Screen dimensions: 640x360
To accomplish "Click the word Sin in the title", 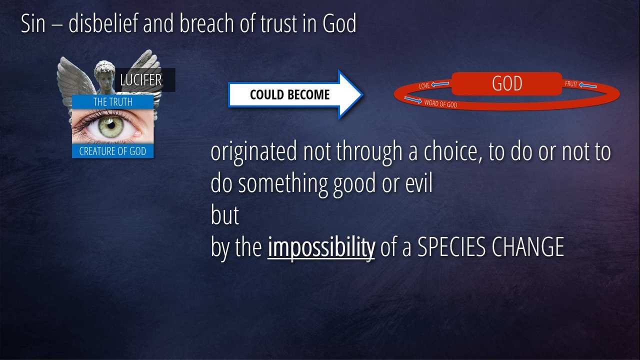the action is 33,23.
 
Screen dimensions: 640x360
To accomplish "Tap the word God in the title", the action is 339,23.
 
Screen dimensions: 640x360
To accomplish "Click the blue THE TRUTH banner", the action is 113,101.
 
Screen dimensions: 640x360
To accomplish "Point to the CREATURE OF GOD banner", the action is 113,151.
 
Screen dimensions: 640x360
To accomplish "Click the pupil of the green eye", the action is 111,125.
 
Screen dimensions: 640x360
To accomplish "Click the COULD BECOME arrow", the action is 295,94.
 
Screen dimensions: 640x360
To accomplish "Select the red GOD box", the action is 507,83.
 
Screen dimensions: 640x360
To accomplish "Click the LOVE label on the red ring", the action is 424,85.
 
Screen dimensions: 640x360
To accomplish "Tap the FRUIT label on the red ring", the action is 571,83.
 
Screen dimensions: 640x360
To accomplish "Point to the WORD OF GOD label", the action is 440,103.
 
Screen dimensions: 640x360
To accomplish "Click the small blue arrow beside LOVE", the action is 440,84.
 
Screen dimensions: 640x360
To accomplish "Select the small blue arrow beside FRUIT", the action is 587,85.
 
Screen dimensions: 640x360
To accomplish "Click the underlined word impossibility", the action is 321,247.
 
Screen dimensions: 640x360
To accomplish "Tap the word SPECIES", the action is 451,247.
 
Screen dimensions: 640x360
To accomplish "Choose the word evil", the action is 419,183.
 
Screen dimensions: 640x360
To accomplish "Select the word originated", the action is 253,152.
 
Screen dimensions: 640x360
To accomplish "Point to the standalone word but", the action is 224,215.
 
